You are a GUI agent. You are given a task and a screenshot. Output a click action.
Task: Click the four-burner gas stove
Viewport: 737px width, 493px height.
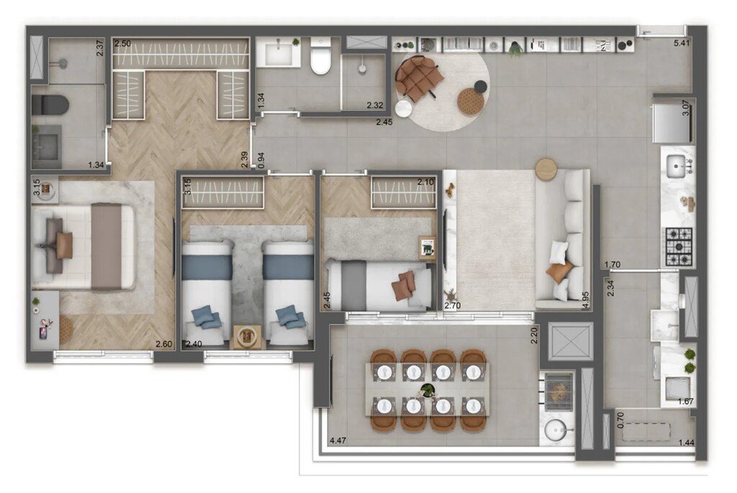coord(677,246)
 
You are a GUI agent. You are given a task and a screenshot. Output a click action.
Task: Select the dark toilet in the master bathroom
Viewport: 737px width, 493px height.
coord(51,105)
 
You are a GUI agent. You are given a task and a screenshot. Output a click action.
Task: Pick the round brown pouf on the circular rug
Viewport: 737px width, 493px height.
coord(470,102)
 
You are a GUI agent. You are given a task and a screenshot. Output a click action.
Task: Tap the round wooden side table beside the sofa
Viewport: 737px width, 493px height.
coord(546,169)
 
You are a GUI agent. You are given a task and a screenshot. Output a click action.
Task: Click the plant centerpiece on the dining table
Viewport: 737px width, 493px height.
coord(428,391)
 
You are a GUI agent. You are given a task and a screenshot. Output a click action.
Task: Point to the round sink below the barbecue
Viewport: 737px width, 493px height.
coord(556,430)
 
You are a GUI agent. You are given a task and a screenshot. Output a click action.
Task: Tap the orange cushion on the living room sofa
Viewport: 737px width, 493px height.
coord(559,272)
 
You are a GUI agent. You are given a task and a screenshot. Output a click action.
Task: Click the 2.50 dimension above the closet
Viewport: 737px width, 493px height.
coord(122,44)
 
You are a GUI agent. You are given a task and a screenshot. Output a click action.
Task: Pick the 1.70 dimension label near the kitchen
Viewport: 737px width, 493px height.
coord(613,265)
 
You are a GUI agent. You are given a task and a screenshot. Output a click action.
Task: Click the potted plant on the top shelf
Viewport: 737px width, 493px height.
coord(515,48)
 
